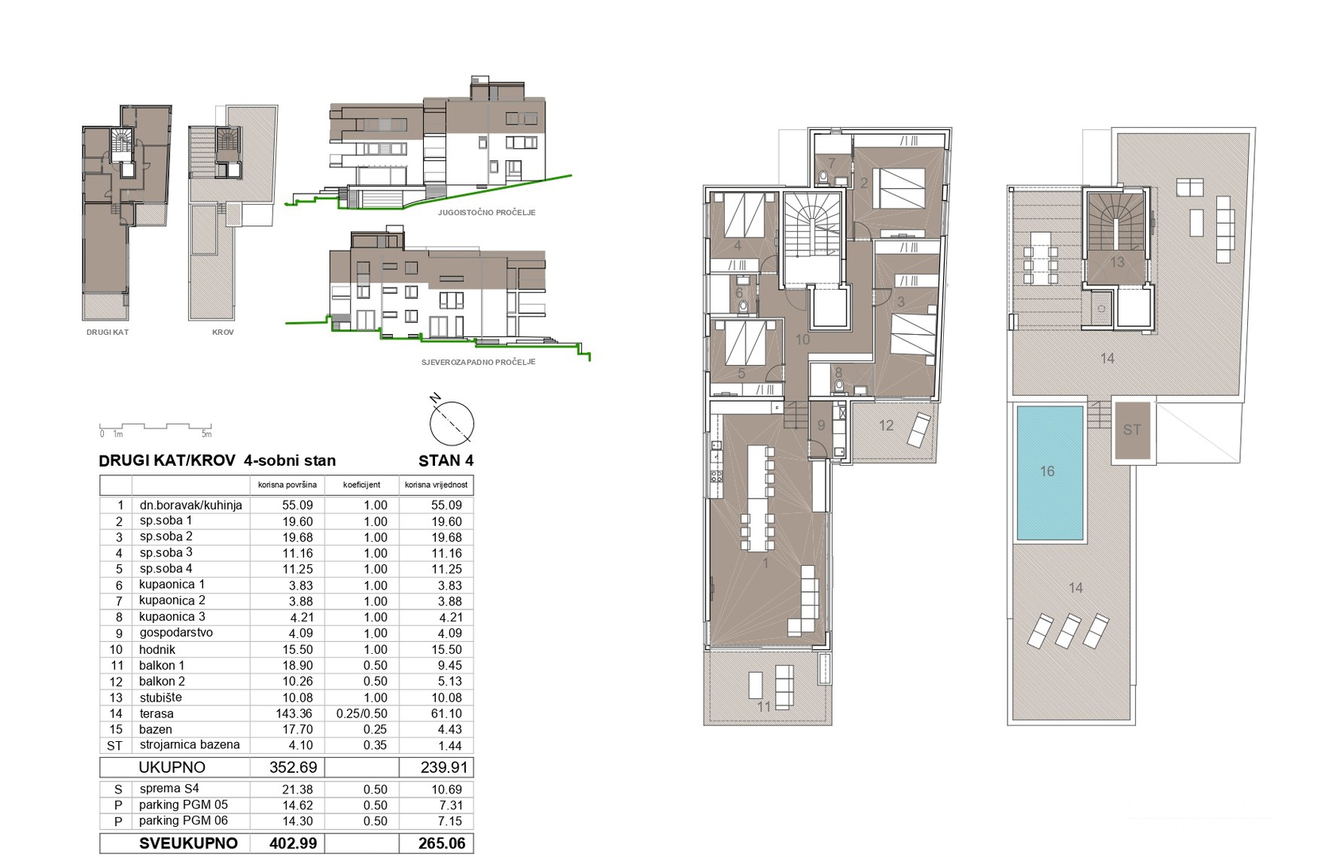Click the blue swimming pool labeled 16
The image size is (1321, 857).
[x=1049, y=473]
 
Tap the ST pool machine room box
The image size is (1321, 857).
[x=1131, y=430]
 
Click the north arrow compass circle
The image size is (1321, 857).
[x=452, y=423]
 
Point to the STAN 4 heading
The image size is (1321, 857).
[x=445, y=461]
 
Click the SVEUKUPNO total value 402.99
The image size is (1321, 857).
[x=293, y=844]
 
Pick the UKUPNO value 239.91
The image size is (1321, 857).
[x=441, y=767]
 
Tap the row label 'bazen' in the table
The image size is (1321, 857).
[x=156, y=729]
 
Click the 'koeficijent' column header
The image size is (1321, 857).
[x=361, y=485]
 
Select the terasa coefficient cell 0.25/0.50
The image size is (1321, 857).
[x=361, y=713]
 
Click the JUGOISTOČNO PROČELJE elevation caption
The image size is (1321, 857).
[x=487, y=213]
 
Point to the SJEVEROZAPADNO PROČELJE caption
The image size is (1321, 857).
[x=478, y=362]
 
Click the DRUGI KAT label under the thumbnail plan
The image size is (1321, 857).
[x=107, y=332]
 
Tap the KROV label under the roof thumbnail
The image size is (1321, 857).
[x=223, y=332]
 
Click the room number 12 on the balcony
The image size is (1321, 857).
[x=886, y=426]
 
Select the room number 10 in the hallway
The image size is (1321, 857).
[x=803, y=340]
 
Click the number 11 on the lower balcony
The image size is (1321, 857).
[x=764, y=706]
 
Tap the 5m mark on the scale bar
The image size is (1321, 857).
[x=206, y=434]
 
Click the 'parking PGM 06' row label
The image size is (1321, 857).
[x=183, y=821]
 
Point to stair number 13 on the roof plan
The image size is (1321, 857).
[x=1117, y=262]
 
